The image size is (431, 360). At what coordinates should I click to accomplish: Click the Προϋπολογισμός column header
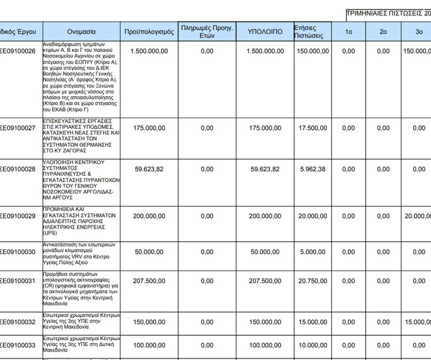pos(149,32)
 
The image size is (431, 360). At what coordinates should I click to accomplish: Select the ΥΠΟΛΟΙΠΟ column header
pos(265,32)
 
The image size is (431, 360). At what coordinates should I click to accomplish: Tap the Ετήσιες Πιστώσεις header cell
pos(312,32)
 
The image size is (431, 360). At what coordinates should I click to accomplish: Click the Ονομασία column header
pos(81,32)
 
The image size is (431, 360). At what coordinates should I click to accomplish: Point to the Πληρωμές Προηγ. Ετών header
pos(207,32)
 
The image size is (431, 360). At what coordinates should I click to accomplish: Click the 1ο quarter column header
pos(348,32)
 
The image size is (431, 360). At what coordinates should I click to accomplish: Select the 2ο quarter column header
pos(383,32)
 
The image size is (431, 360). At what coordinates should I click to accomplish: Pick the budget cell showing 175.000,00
pos(149,128)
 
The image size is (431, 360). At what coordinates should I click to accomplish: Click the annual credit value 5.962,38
pos(312,169)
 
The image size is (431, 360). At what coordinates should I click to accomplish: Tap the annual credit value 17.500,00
pos(312,128)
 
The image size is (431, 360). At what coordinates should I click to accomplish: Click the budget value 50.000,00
pos(149,252)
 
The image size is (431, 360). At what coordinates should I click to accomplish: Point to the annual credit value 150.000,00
pos(312,52)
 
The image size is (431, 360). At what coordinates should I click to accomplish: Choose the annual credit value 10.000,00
pos(312,345)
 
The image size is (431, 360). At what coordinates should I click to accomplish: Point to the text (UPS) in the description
pos(51,233)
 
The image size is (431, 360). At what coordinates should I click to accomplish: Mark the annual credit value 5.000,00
pos(312,252)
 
